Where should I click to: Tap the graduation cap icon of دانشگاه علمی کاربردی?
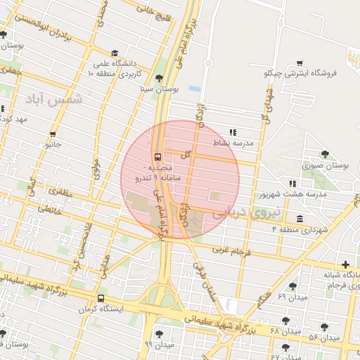115,53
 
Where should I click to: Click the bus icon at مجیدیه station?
157,157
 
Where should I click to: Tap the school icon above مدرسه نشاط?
233,131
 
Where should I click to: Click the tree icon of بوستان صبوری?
324,155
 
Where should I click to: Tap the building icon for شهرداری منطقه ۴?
300,218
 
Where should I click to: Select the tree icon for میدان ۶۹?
292,286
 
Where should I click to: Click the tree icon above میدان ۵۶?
324,326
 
